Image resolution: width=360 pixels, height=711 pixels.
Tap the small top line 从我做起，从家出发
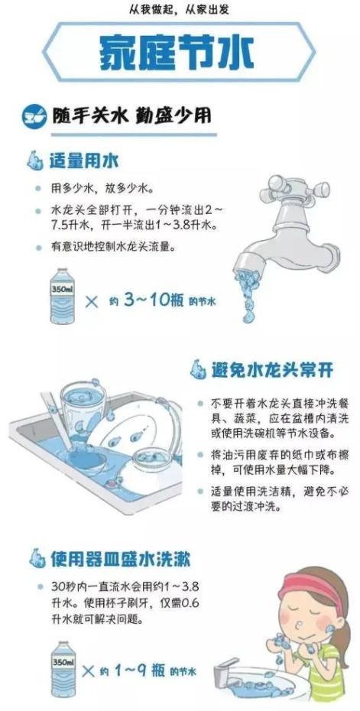tap(180, 9)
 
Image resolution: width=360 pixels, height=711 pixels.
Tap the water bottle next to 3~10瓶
tap(63, 295)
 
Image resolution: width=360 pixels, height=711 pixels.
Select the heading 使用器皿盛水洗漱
tap(120, 559)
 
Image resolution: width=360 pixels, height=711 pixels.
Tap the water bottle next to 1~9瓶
tap(63, 668)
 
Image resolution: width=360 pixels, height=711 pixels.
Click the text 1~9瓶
tap(139, 671)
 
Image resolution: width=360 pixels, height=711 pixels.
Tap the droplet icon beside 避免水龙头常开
tap(198, 369)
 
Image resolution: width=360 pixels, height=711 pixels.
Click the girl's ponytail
tap(343, 635)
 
